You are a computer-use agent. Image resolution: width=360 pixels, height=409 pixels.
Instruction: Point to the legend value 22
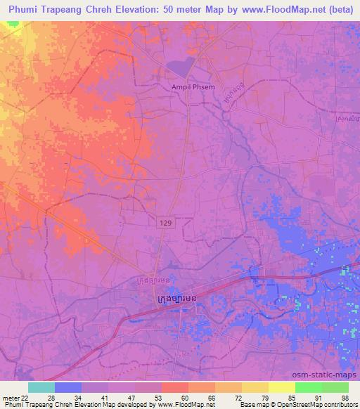pyautogui.click(x=25, y=398)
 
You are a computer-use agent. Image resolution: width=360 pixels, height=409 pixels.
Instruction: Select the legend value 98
pyautogui.click(x=344, y=398)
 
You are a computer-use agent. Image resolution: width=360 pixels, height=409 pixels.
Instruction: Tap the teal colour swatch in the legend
pyautogui.click(x=41, y=387)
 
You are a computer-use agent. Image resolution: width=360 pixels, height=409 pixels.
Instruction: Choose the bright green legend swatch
pyautogui.click(x=308, y=387)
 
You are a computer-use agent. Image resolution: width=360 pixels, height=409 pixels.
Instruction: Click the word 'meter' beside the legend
pyautogui.click(x=10, y=398)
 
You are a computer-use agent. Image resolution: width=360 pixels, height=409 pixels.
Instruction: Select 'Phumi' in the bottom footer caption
pyautogui.click(x=11, y=405)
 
